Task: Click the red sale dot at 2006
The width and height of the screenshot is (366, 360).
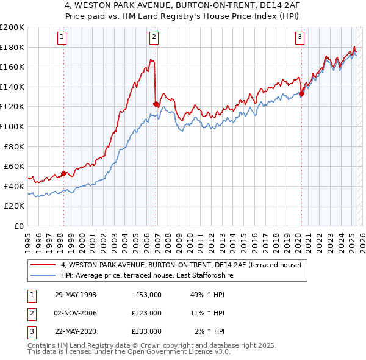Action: pyautogui.click(x=156, y=104)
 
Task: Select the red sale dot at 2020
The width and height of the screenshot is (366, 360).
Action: pyautogui.click(x=301, y=94)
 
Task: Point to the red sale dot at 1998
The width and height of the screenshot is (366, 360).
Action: pyautogui.click(x=63, y=173)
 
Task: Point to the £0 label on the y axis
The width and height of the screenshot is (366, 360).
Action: pyautogui.click(x=18, y=226)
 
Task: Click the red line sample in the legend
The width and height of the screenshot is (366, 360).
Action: pyautogui.click(x=43, y=265)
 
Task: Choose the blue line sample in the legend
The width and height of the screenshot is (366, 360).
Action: pyautogui.click(x=43, y=275)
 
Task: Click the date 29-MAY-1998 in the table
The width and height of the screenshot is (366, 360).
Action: pyautogui.click(x=76, y=295)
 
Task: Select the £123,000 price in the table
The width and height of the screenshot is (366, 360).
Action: pyautogui.click(x=146, y=313)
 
